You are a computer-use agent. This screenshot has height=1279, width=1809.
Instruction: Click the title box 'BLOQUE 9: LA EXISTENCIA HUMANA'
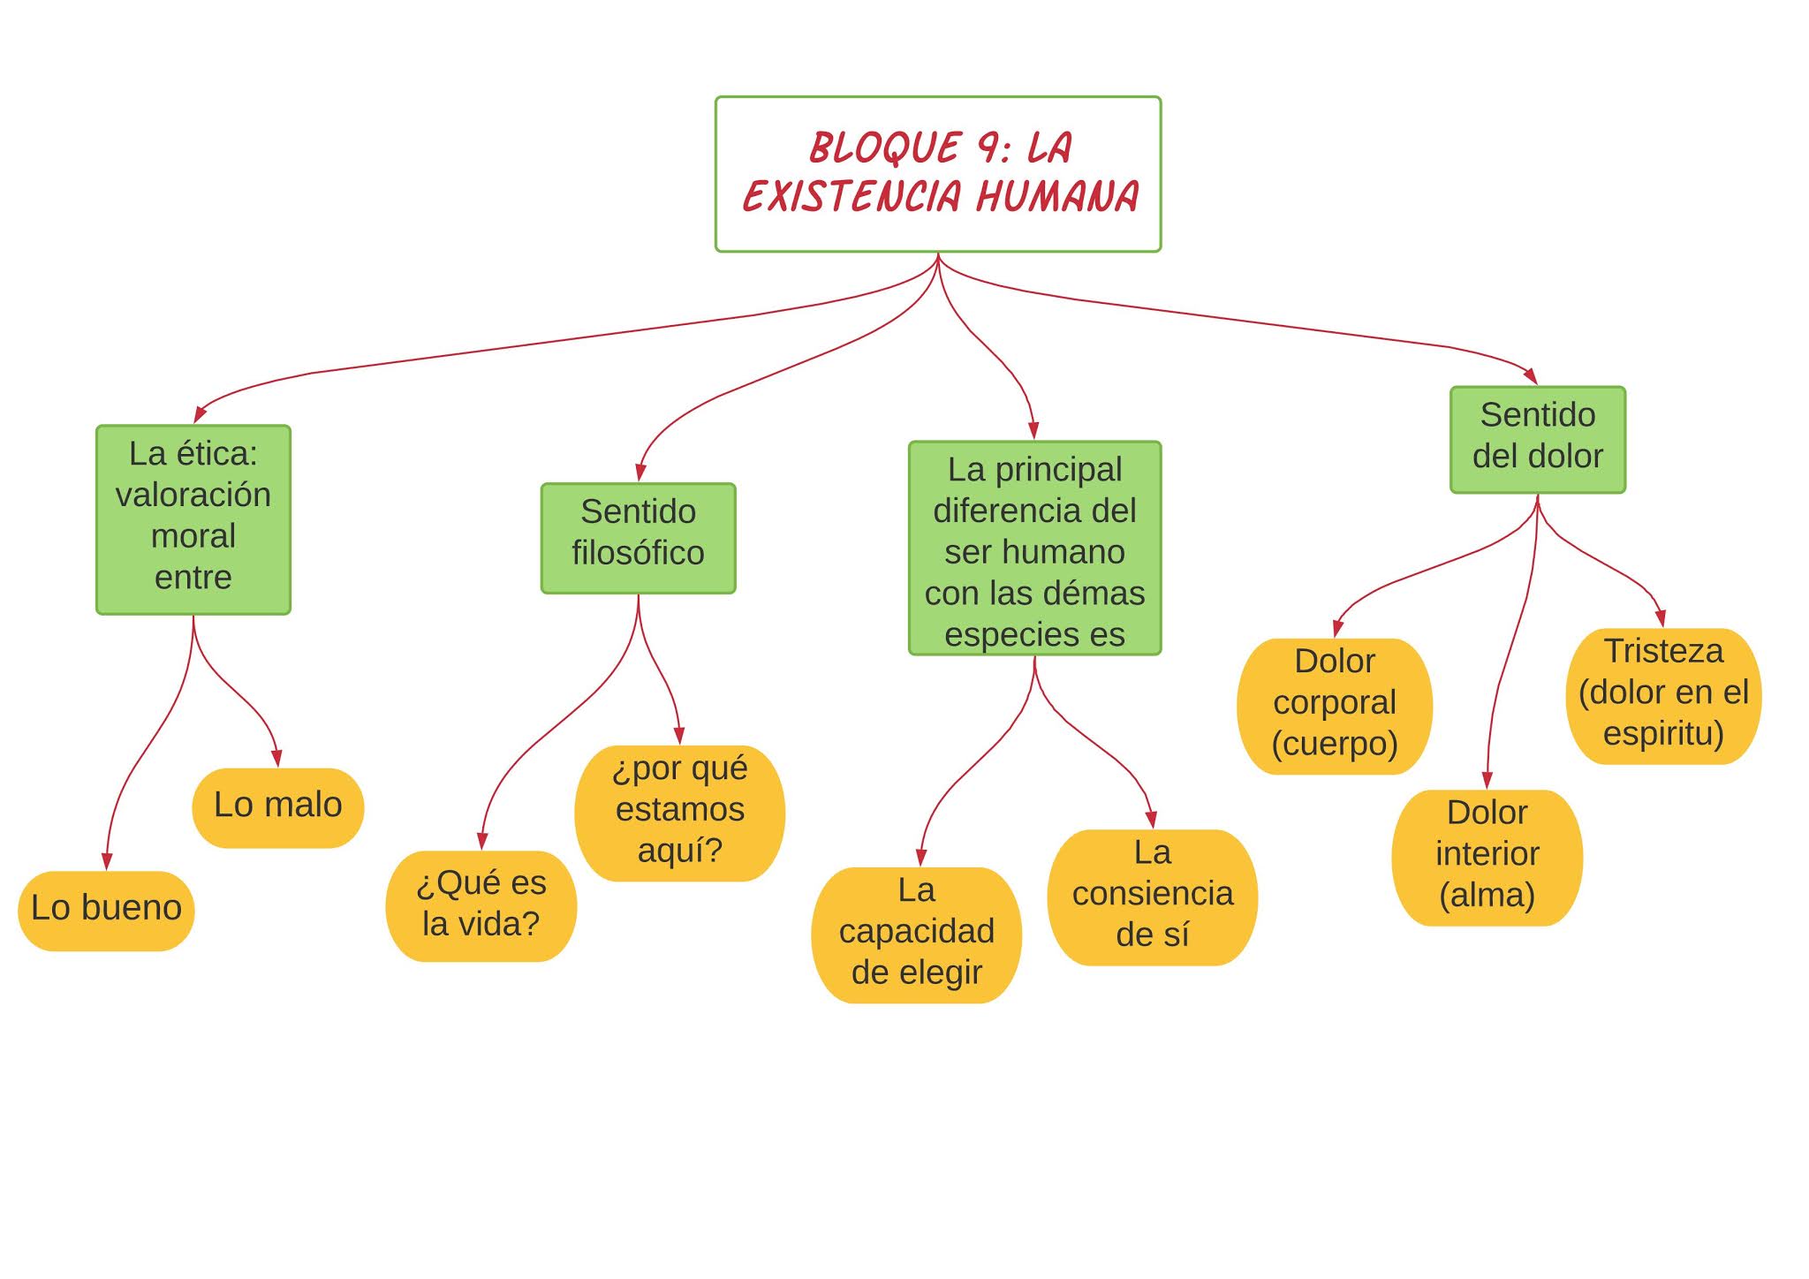(x=937, y=174)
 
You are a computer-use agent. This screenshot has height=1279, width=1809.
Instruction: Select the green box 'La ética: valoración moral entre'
(x=193, y=518)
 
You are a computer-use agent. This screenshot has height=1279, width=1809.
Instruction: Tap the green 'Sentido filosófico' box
(x=638, y=537)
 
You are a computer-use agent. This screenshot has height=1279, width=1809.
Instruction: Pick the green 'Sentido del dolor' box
(x=1537, y=439)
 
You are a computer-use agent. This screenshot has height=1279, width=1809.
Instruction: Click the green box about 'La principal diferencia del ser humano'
(x=1034, y=548)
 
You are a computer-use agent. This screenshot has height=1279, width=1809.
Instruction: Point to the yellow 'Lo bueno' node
(x=106, y=910)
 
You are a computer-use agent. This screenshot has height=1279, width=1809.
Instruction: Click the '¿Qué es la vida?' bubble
(x=481, y=904)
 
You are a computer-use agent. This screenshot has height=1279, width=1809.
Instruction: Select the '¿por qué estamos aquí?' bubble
(x=679, y=812)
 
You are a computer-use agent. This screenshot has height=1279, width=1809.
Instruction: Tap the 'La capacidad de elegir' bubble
(x=916, y=934)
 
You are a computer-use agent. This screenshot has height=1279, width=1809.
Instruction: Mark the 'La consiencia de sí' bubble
(x=1152, y=896)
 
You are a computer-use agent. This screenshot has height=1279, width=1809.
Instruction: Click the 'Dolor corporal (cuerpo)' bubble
(x=1334, y=705)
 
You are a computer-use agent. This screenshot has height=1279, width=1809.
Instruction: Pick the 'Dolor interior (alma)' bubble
(x=1487, y=856)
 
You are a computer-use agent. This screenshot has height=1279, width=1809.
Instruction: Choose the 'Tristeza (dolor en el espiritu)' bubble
(x=1663, y=695)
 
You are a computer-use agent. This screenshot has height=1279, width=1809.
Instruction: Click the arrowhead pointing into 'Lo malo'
(x=276, y=759)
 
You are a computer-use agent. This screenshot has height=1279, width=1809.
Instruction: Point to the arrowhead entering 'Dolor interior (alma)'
(x=1487, y=781)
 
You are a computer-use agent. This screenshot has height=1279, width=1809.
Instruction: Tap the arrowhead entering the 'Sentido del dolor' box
(x=1531, y=376)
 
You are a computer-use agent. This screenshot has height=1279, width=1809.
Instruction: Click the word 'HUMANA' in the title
(x=1057, y=196)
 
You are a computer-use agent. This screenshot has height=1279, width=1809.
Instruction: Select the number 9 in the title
(x=988, y=148)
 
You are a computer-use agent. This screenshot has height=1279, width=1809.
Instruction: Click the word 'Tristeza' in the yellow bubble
(x=1663, y=652)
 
